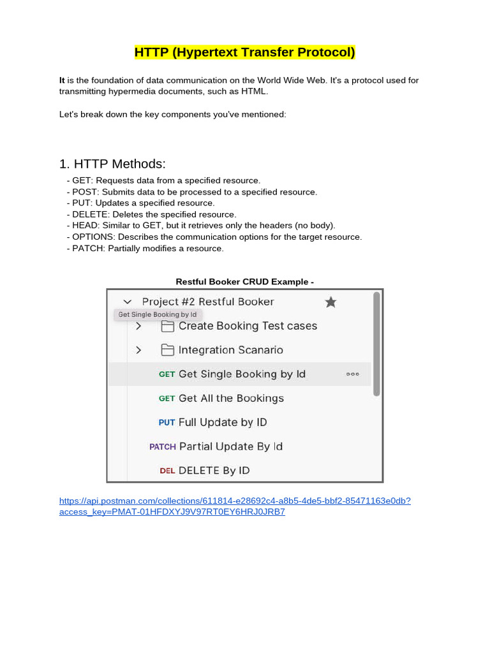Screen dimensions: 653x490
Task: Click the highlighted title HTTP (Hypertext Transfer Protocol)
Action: [x=244, y=52]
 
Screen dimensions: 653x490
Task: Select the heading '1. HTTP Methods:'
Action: [x=112, y=164]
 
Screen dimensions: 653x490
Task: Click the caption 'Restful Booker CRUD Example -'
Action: [x=244, y=281]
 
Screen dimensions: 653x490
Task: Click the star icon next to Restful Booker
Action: [x=330, y=302]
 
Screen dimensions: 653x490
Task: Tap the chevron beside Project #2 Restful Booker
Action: [x=128, y=302]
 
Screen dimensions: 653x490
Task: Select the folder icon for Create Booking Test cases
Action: [x=167, y=326]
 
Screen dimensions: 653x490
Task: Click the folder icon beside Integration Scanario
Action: [x=167, y=350]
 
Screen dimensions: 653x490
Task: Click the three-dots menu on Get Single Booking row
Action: [x=353, y=374]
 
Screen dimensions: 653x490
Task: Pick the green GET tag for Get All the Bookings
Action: [x=167, y=399]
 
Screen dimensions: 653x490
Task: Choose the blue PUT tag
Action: [x=167, y=422]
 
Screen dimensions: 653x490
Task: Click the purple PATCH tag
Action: [x=162, y=446]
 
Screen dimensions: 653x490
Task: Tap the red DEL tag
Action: [x=167, y=471]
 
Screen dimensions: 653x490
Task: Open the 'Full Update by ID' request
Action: [x=223, y=422]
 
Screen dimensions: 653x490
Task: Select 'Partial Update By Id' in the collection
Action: [x=231, y=446]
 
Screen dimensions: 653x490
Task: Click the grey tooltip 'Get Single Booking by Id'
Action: [x=158, y=314]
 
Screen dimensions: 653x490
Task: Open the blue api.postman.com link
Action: [x=235, y=501]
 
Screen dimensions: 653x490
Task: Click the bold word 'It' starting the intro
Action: [x=62, y=80]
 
